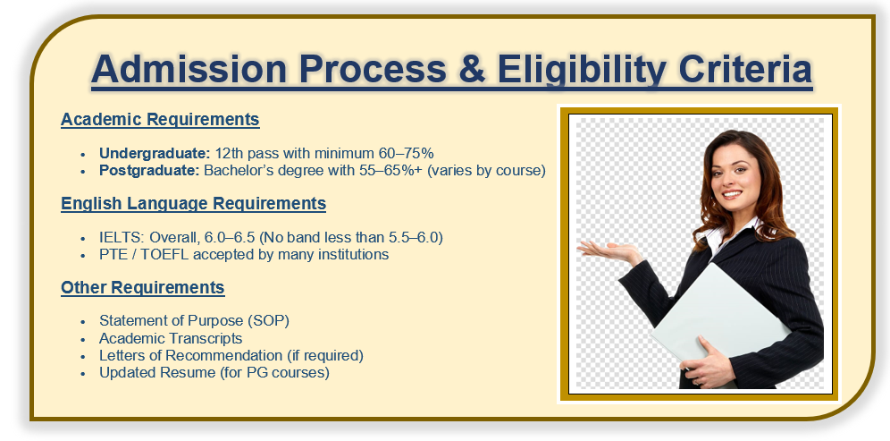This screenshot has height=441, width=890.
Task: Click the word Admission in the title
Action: click(x=189, y=69)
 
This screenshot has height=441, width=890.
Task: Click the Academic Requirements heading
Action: click(x=160, y=120)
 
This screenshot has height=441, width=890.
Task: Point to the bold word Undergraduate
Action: click(x=155, y=154)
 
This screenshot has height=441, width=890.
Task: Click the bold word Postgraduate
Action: click(x=149, y=171)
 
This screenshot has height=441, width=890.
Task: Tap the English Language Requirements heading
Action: click(x=194, y=203)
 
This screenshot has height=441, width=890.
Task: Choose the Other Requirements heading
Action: click(x=142, y=287)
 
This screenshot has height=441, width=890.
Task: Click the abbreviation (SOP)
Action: click(x=268, y=320)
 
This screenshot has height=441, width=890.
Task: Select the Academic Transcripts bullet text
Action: click(x=171, y=339)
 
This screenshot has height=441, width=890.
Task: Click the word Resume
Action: click(x=181, y=373)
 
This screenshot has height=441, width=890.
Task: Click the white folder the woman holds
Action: click(x=721, y=319)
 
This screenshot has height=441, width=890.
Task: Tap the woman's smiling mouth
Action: click(x=732, y=195)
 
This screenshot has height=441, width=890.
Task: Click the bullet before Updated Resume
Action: click(x=83, y=374)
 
